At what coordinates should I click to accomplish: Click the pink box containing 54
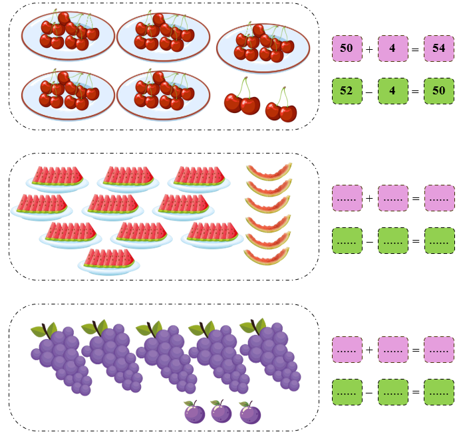click(x=438, y=49)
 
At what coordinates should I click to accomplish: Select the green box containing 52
click(x=347, y=90)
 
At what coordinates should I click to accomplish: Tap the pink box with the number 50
click(x=347, y=49)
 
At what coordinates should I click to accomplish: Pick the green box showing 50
click(x=438, y=90)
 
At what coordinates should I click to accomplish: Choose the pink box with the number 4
click(x=392, y=49)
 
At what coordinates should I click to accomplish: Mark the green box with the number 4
click(x=392, y=90)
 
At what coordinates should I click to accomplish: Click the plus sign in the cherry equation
click(x=369, y=49)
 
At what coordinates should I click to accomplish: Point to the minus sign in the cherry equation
click(x=369, y=91)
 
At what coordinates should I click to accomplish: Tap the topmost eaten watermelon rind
click(x=269, y=171)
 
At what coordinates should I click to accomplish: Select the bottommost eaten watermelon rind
click(x=265, y=256)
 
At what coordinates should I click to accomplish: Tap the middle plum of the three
click(x=221, y=412)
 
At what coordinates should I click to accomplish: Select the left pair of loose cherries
click(x=241, y=101)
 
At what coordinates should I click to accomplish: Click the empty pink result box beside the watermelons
click(x=438, y=198)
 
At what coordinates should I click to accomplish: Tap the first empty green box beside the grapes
click(x=347, y=391)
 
